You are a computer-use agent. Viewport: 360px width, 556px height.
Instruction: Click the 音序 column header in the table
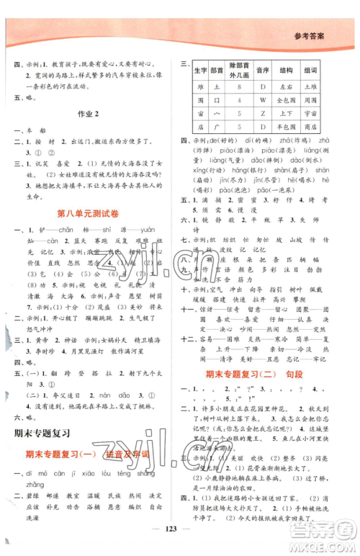pos(264,70)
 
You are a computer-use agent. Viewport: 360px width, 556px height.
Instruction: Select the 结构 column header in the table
pos(298,70)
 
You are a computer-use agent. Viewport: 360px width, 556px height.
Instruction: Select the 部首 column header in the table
pos(217,70)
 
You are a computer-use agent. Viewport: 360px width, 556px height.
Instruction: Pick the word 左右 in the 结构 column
pos(298,84)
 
